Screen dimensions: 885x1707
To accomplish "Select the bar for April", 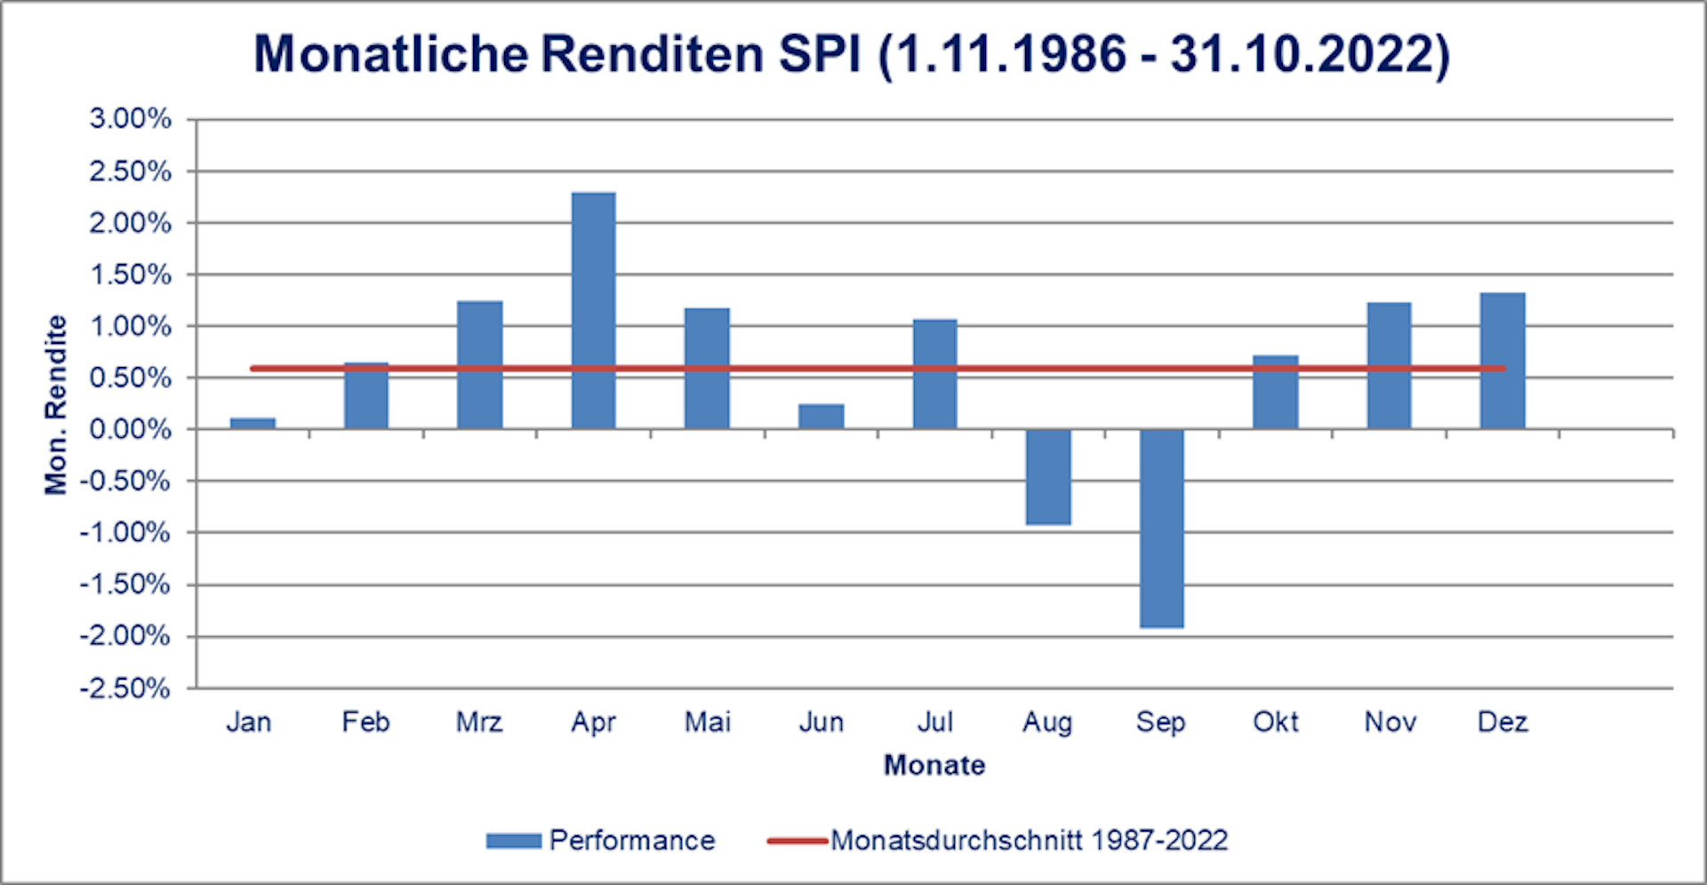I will (593, 311).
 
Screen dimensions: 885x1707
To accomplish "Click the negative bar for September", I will (1161, 529).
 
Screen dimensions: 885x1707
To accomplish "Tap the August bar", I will (1047, 477).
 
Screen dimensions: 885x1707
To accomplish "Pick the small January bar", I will (252, 423).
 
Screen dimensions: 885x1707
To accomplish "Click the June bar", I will (821, 416).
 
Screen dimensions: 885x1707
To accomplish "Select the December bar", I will (1503, 361).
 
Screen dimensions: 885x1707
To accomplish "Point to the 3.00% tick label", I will (131, 118).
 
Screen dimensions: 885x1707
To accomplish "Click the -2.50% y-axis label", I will (125, 688).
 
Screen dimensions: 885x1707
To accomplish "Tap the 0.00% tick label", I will (131, 429).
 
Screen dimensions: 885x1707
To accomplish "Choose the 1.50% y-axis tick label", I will (131, 275).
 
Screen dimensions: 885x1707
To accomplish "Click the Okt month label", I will (1275, 722).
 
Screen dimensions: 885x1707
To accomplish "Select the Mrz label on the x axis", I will (479, 722).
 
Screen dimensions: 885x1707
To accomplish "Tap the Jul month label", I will (934, 722).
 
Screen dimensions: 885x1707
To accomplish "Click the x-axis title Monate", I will (934, 765).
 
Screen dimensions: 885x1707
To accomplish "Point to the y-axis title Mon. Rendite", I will (56, 404).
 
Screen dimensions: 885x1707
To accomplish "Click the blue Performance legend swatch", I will (513, 841).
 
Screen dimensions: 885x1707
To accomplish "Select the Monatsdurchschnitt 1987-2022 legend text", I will (1029, 841).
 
